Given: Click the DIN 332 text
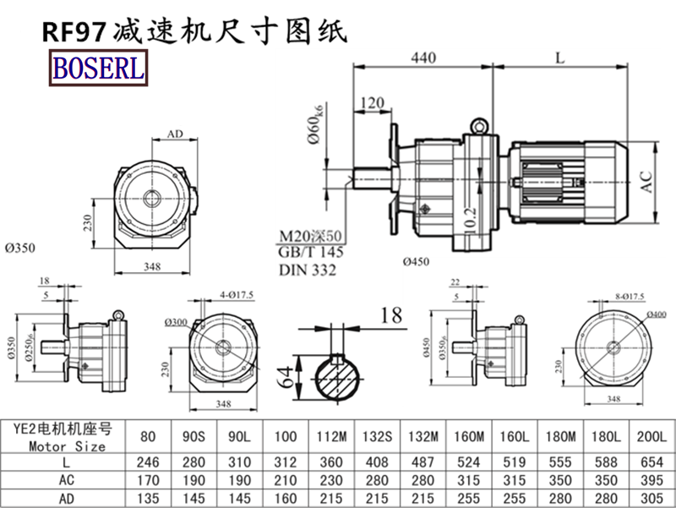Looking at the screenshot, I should click(307, 270).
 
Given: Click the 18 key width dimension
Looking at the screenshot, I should click(391, 316).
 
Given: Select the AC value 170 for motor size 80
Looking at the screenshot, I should click(150, 479).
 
